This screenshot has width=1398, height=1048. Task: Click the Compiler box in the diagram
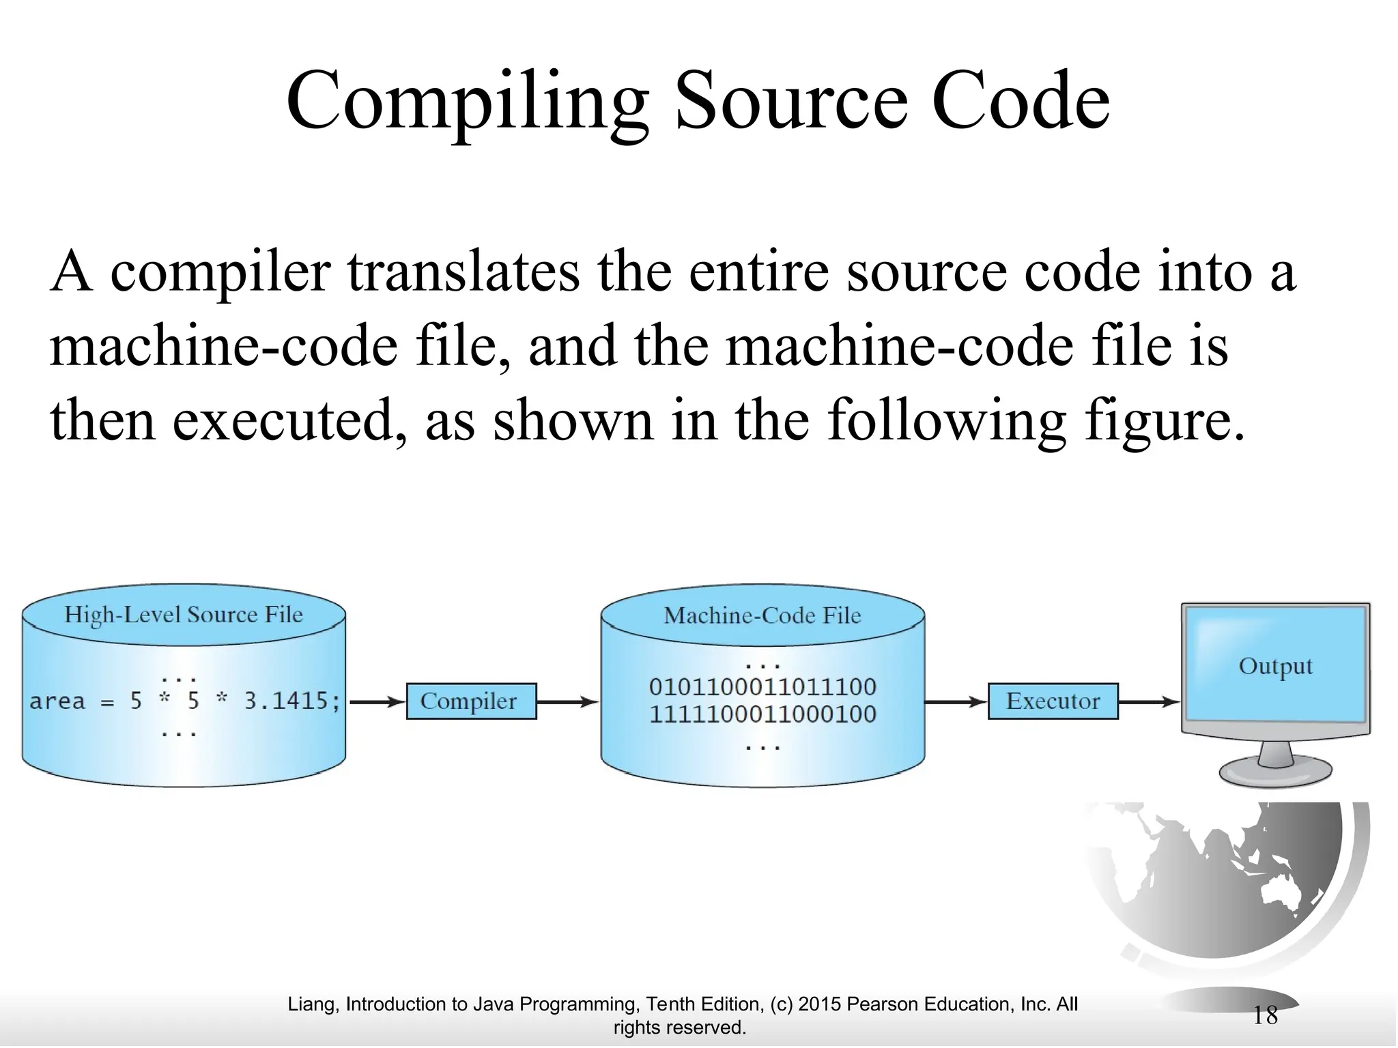(x=471, y=701)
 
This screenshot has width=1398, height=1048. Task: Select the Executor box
(x=1053, y=701)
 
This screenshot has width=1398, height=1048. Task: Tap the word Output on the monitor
(x=1275, y=666)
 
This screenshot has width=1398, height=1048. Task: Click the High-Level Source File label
(x=183, y=615)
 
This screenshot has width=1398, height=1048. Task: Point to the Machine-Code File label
(x=762, y=615)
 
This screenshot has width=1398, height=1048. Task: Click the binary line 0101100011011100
(x=762, y=686)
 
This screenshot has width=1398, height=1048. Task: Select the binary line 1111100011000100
(x=762, y=714)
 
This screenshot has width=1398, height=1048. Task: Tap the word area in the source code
(x=57, y=701)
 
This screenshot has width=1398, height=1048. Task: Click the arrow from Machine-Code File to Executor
(x=956, y=701)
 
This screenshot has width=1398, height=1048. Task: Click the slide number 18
(x=1265, y=1015)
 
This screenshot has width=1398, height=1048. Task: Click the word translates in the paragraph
(x=464, y=272)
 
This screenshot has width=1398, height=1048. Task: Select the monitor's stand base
(x=1275, y=774)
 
